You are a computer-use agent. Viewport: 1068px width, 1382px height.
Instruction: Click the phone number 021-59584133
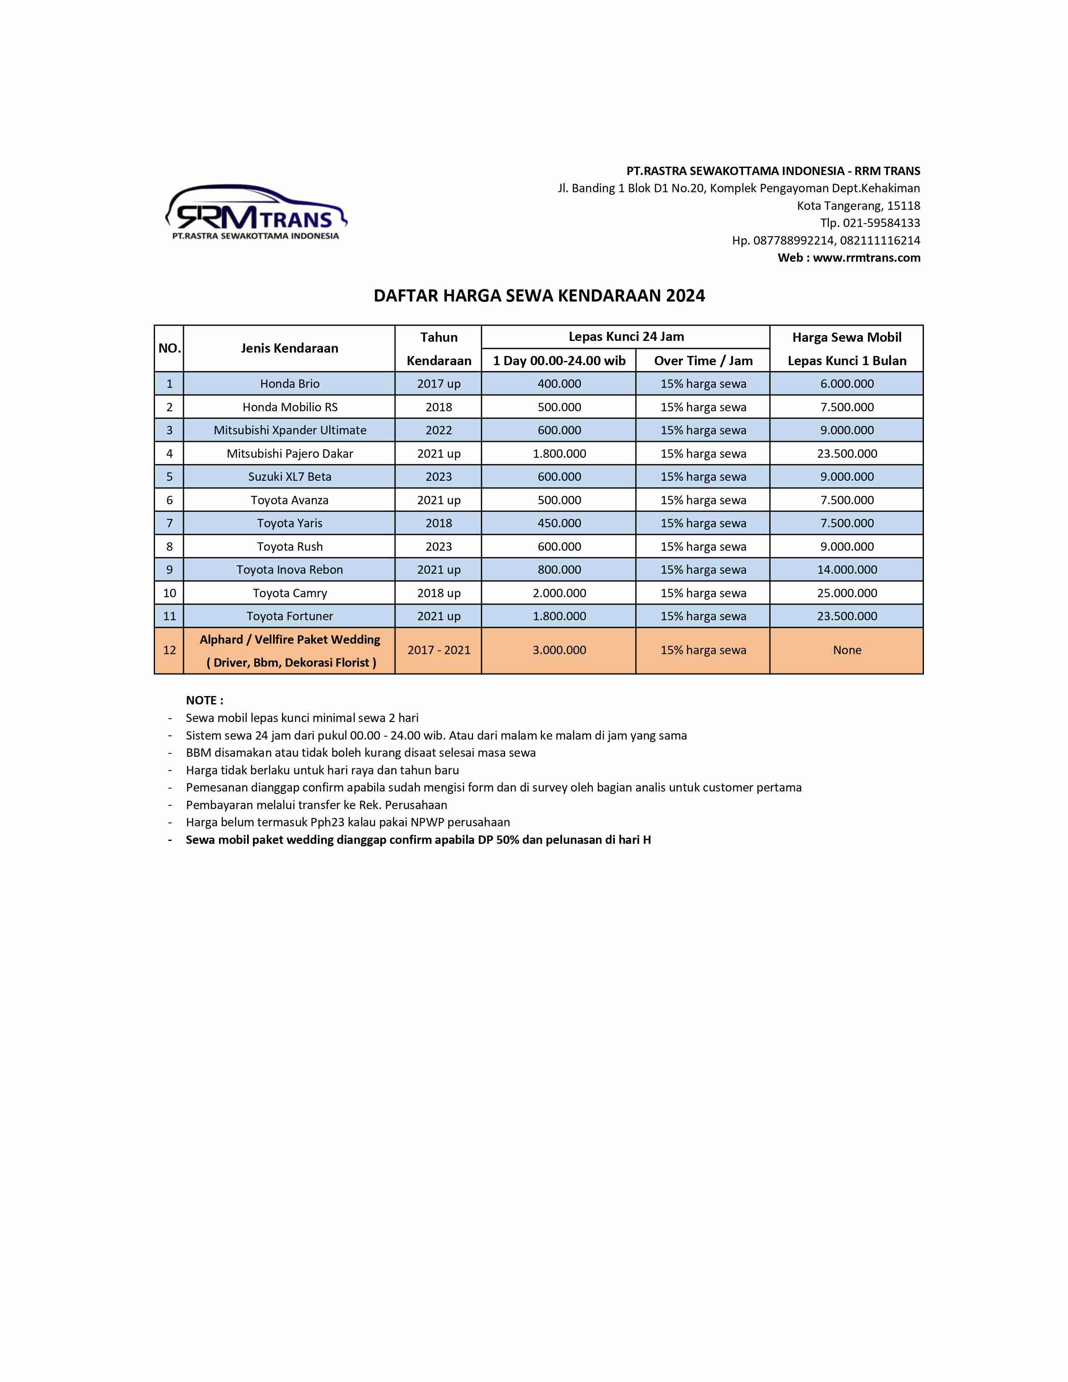[881, 223]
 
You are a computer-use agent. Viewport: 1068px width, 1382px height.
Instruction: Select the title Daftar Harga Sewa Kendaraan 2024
[539, 296]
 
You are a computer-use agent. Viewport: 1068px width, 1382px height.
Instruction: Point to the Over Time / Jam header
[703, 361]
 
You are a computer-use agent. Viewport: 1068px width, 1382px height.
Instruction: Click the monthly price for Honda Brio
[846, 384]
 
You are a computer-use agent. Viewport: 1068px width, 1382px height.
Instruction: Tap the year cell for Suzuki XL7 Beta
[439, 477]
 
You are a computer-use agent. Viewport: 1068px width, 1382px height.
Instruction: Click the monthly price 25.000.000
[846, 593]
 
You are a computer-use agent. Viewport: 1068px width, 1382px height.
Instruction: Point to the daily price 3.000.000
[559, 650]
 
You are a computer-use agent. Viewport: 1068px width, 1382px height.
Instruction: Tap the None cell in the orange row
[846, 650]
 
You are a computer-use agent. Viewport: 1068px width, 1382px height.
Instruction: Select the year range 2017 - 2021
[439, 650]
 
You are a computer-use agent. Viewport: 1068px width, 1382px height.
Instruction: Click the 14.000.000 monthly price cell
[846, 570]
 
